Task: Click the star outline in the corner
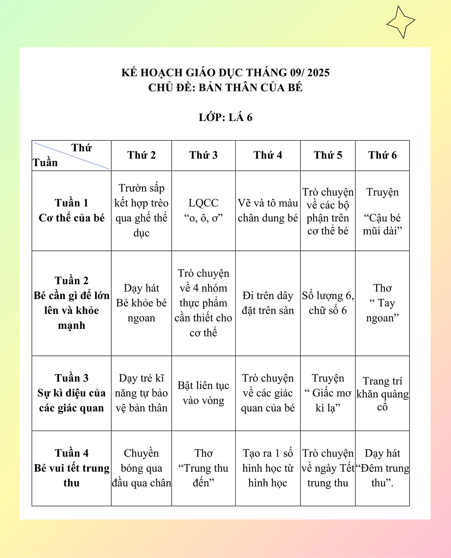point(400,22)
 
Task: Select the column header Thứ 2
point(141,155)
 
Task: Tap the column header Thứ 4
point(268,155)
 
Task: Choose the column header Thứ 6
point(382,155)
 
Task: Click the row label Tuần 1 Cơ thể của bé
point(72,210)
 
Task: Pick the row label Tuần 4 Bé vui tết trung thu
point(72,468)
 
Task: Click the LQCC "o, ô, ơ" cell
point(203,210)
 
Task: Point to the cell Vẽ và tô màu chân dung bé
point(268,210)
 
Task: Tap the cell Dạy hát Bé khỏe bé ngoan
point(141,303)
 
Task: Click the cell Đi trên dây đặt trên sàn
point(268,303)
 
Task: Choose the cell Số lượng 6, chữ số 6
point(328,303)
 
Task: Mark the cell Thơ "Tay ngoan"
point(382,303)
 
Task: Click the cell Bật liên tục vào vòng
point(203,393)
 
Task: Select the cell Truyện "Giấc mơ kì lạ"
point(328,393)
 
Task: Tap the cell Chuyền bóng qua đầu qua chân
point(141,468)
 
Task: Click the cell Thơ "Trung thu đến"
point(203,468)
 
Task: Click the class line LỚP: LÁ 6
point(225,117)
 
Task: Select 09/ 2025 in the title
point(310,73)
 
